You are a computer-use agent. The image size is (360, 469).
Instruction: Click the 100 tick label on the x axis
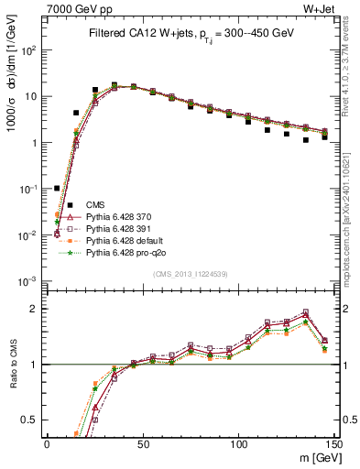[238, 444]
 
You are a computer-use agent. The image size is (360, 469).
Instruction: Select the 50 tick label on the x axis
[142, 444]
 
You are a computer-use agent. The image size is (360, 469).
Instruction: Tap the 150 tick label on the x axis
[333, 444]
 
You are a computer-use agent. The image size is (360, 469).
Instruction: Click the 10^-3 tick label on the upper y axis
[27, 281]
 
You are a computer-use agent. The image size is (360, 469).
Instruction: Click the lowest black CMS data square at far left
[57, 188]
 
